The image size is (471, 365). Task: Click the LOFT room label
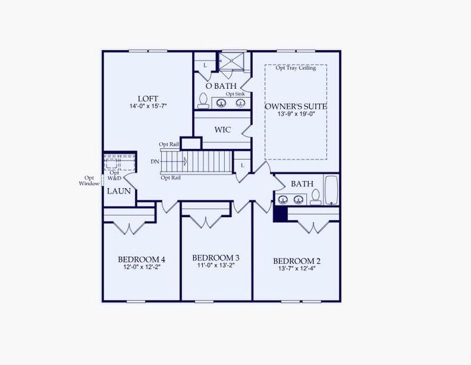(148, 98)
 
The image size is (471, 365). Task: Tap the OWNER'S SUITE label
(296, 106)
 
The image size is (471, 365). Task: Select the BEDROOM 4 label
(142, 259)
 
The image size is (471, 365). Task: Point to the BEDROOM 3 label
(216, 257)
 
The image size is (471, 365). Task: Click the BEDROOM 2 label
(297, 261)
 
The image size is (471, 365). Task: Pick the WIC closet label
(222, 130)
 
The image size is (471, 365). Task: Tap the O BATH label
(221, 86)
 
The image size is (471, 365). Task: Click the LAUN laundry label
(117, 191)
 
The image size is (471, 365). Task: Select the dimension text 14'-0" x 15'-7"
(148, 106)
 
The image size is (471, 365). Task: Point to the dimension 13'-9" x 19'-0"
(296, 114)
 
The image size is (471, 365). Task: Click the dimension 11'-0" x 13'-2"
(216, 265)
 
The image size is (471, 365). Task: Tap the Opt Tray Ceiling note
(296, 68)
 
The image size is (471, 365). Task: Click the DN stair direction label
(156, 162)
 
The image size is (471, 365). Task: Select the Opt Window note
(89, 181)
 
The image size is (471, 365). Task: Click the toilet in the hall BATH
(315, 196)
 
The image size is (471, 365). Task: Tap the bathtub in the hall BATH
(331, 190)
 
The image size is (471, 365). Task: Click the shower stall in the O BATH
(231, 63)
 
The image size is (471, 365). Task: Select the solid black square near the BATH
(280, 214)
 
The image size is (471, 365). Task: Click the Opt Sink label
(235, 94)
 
